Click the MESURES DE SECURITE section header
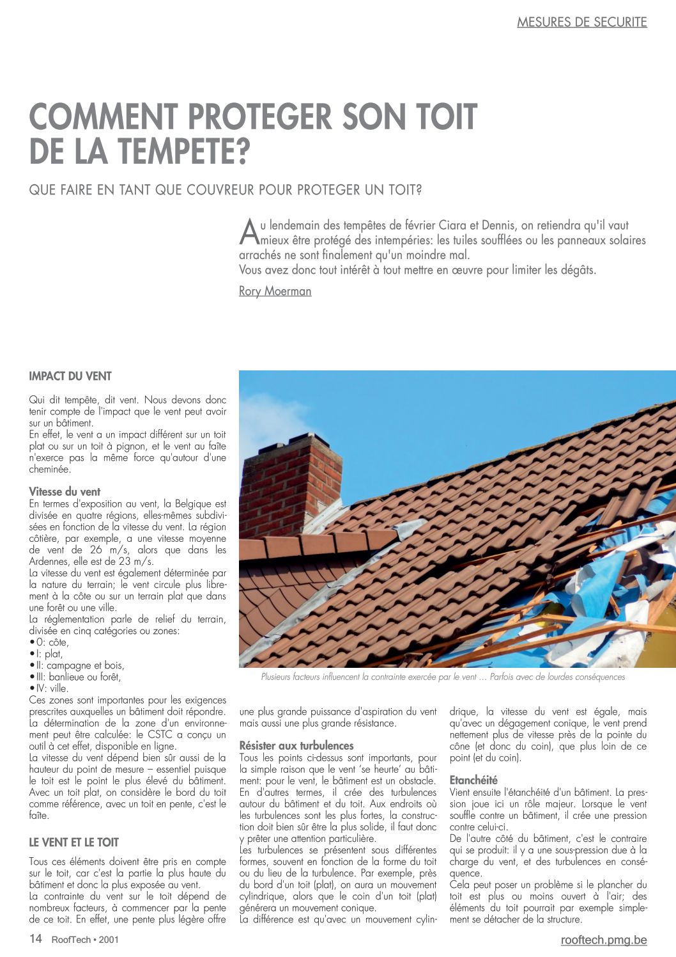(x=581, y=22)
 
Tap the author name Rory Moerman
(x=275, y=291)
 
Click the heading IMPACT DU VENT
(x=70, y=376)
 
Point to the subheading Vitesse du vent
(x=65, y=491)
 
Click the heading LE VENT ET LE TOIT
(x=73, y=842)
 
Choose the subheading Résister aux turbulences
(x=296, y=745)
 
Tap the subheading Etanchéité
(x=473, y=780)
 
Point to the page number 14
(x=36, y=939)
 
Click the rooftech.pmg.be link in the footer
(x=603, y=940)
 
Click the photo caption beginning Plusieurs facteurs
(x=443, y=677)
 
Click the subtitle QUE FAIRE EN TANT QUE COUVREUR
(x=225, y=190)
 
